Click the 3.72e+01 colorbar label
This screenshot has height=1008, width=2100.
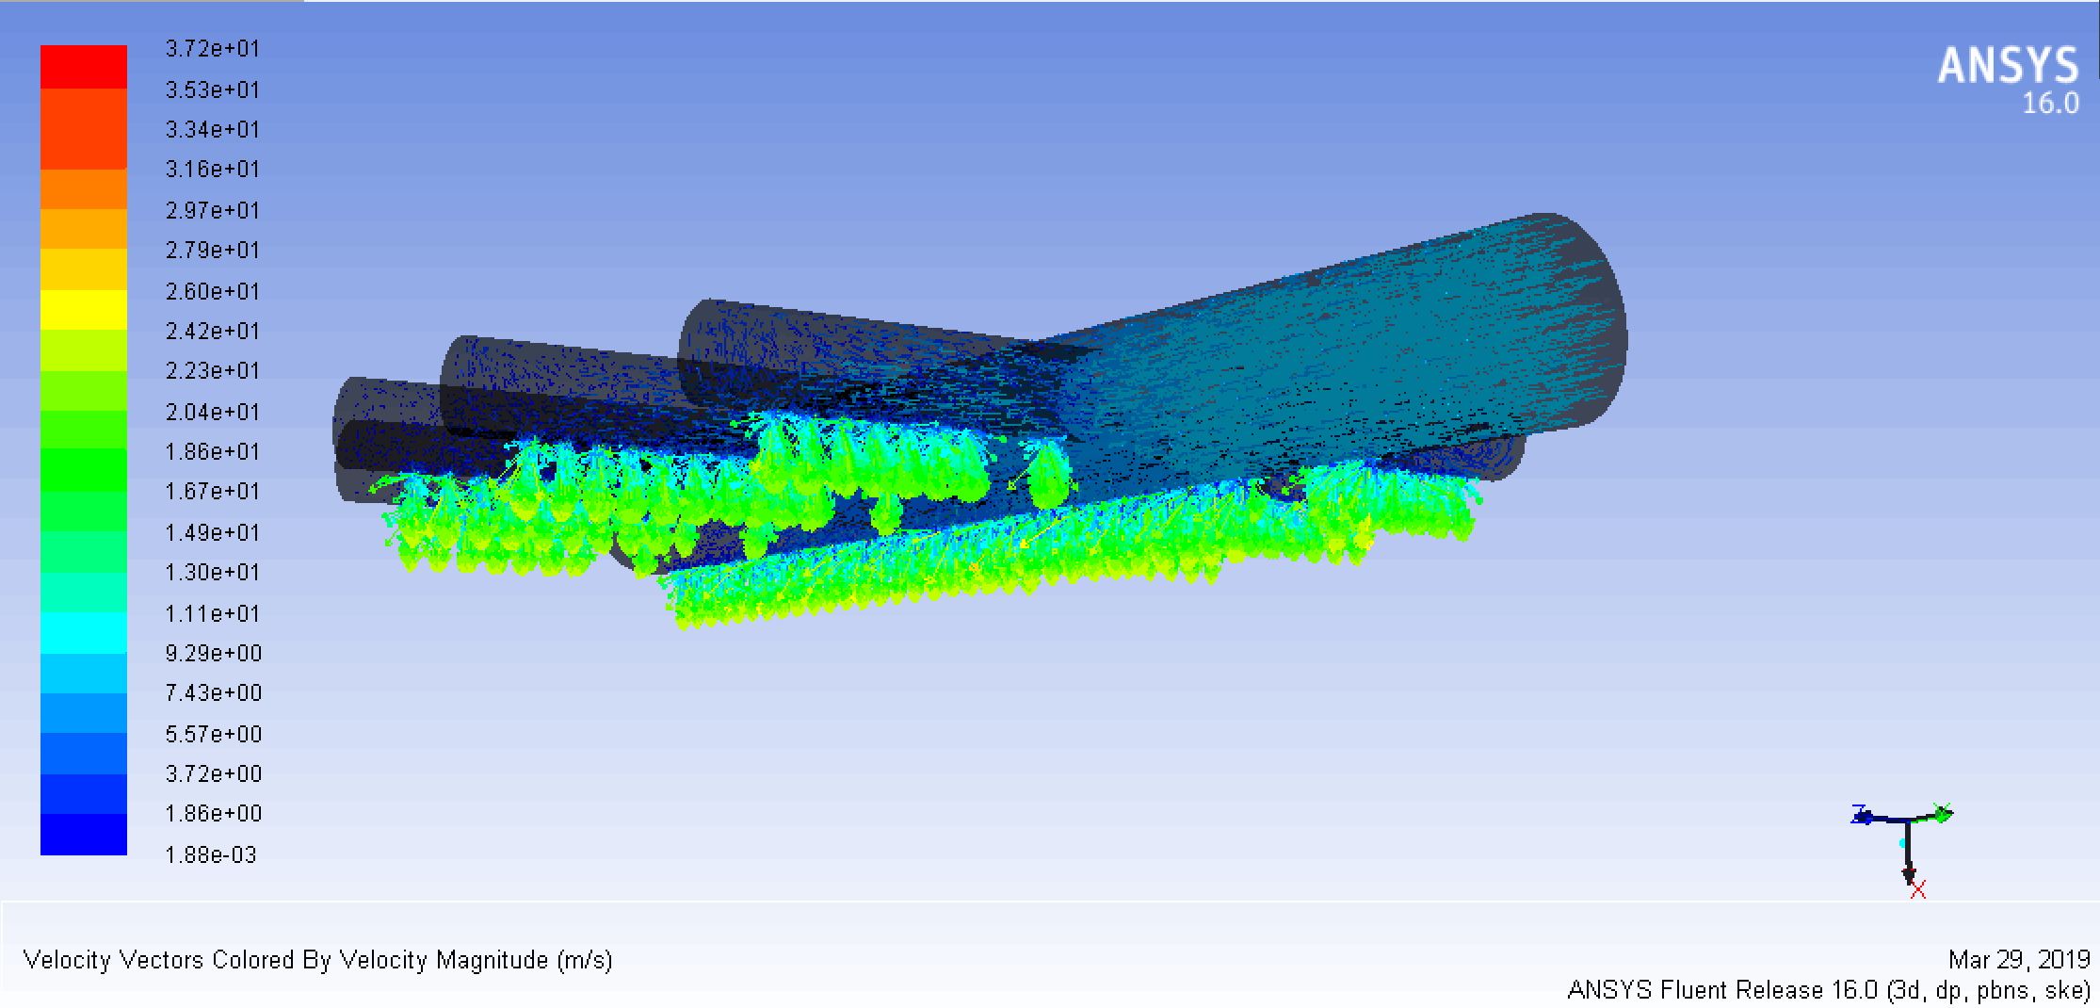[213, 49]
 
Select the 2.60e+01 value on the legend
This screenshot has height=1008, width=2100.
[213, 291]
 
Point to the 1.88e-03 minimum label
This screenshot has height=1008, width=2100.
[211, 854]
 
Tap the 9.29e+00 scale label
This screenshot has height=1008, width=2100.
[214, 653]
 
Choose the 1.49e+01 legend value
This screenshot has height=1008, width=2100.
[213, 532]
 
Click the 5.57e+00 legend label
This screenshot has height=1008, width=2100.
[214, 734]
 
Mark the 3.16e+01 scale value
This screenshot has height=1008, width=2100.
[213, 170]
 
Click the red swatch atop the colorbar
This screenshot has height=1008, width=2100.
[84, 67]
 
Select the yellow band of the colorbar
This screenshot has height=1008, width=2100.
[84, 310]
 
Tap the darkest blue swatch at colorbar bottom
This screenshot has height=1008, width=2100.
[84, 835]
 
